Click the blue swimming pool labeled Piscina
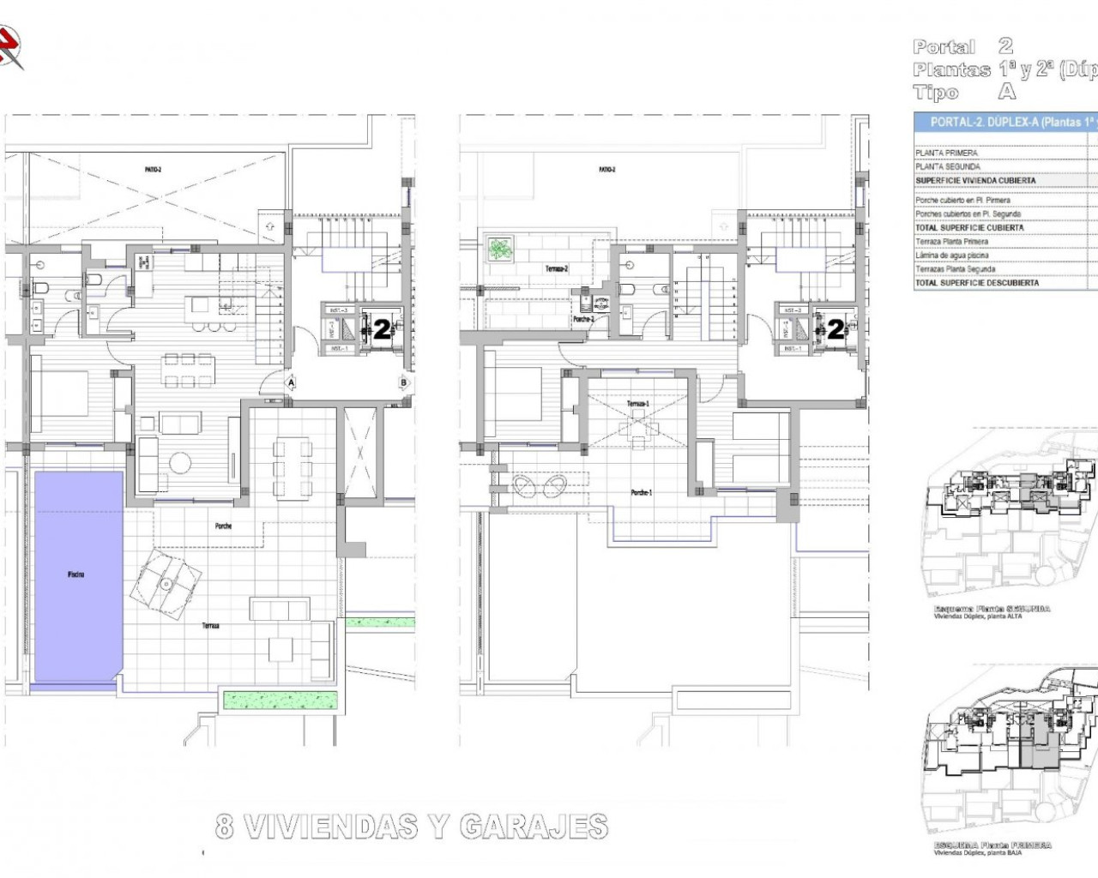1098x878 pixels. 78,574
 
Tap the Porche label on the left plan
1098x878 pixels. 223,526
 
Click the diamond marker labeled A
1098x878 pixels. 292,382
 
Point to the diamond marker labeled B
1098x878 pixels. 402,382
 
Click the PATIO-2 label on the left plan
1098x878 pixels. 154,171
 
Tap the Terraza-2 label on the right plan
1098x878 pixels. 556,268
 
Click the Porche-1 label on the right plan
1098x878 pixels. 641,492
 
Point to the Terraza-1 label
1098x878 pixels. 636,403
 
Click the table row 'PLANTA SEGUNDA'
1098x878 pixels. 947,167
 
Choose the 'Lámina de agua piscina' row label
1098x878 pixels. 951,256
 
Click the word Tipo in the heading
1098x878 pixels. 936,93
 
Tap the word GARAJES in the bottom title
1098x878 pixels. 534,827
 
